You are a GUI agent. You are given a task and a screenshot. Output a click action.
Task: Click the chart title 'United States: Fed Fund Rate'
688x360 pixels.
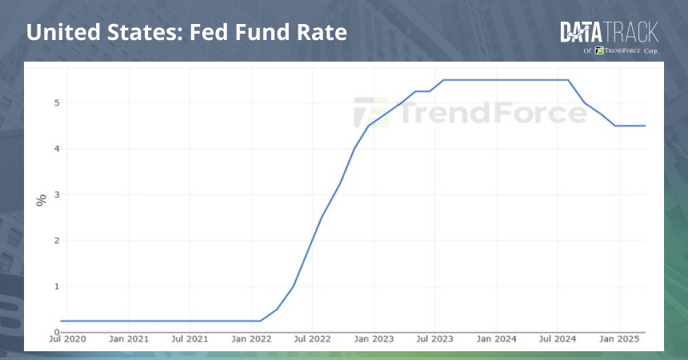point(186,34)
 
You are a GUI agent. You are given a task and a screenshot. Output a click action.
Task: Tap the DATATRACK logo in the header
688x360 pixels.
point(610,32)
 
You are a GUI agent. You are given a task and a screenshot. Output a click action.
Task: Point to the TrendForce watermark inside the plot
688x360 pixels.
point(470,114)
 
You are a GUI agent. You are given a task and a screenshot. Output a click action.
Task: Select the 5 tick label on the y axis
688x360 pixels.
point(57,103)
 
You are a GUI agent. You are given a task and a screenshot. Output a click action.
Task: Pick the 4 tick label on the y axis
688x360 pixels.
point(57,149)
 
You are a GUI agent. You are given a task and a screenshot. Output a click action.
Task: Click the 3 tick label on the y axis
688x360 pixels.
point(57,194)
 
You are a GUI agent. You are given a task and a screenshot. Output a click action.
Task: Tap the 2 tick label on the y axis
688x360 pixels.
point(57,240)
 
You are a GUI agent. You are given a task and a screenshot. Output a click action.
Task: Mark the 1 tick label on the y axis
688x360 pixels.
point(57,286)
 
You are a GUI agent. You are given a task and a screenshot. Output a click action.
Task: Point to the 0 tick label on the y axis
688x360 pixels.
point(57,332)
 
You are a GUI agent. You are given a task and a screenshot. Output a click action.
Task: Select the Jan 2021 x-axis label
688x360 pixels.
point(129,340)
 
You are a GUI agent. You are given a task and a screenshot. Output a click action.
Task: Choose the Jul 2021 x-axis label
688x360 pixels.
point(191,340)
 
